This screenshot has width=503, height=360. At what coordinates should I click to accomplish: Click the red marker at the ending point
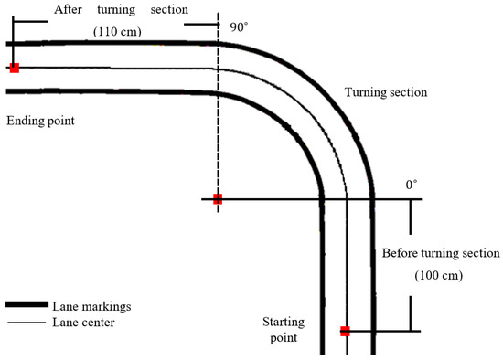coord(14,68)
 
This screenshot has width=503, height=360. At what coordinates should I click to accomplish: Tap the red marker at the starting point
coord(345,331)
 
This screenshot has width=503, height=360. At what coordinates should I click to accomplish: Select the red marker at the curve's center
coord(218,198)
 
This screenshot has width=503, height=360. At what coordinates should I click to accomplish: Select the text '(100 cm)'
coord(439,275)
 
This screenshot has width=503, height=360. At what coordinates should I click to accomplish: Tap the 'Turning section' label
coord(386,92)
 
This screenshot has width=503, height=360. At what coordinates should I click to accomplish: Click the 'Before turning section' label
coord(440,253)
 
